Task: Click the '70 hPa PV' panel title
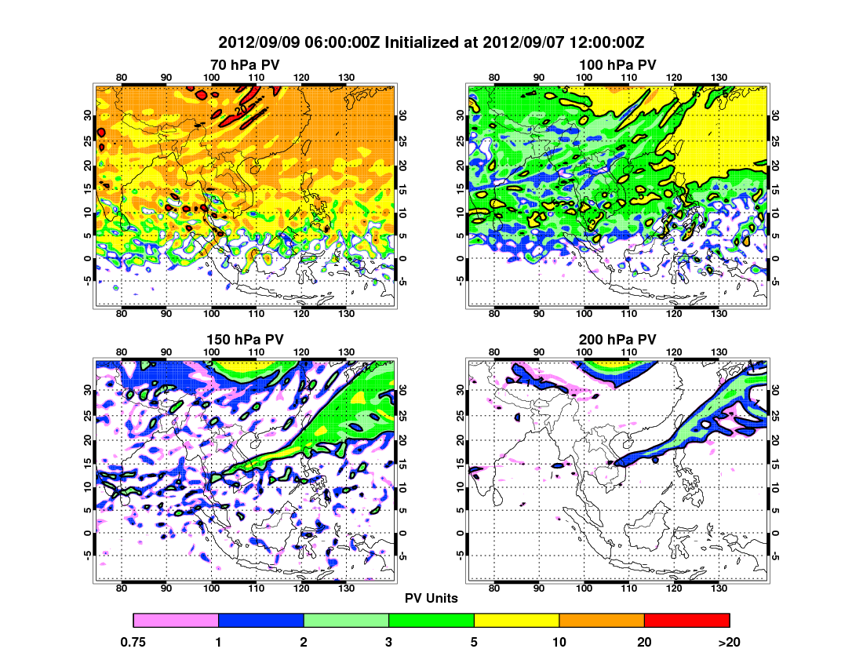coord(245,64)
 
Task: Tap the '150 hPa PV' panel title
coord(245,339)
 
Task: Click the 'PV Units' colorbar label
coord(431,598)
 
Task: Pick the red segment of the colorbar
coord(686,621)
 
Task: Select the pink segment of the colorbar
coord(176,621)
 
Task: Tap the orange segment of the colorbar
coord(602,621)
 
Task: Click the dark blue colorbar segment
coord(260,621)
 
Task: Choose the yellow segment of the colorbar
coord(516,621)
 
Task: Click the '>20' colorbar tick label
coord(730,642)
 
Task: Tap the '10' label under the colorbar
coord(559,642)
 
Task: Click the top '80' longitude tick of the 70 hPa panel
coord(122,77)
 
